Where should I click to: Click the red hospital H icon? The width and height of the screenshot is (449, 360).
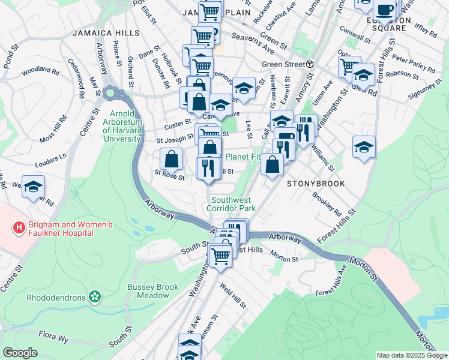[19, 228]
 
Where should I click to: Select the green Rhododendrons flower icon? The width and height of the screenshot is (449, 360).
[94, 296]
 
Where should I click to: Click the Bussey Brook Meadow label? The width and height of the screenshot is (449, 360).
[152, 291]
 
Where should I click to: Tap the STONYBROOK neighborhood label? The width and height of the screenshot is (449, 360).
[316, 184]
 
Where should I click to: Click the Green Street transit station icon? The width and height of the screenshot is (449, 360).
[310, 64]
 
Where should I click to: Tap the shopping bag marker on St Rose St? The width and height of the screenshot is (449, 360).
[172, 160]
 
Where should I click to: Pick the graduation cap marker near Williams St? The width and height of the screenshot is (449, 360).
[364, 146]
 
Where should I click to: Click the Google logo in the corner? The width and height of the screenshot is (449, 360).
[20, 353]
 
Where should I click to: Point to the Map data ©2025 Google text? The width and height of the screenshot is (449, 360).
[411, 355]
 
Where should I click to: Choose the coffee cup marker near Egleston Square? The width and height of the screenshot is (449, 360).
[385, 10]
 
